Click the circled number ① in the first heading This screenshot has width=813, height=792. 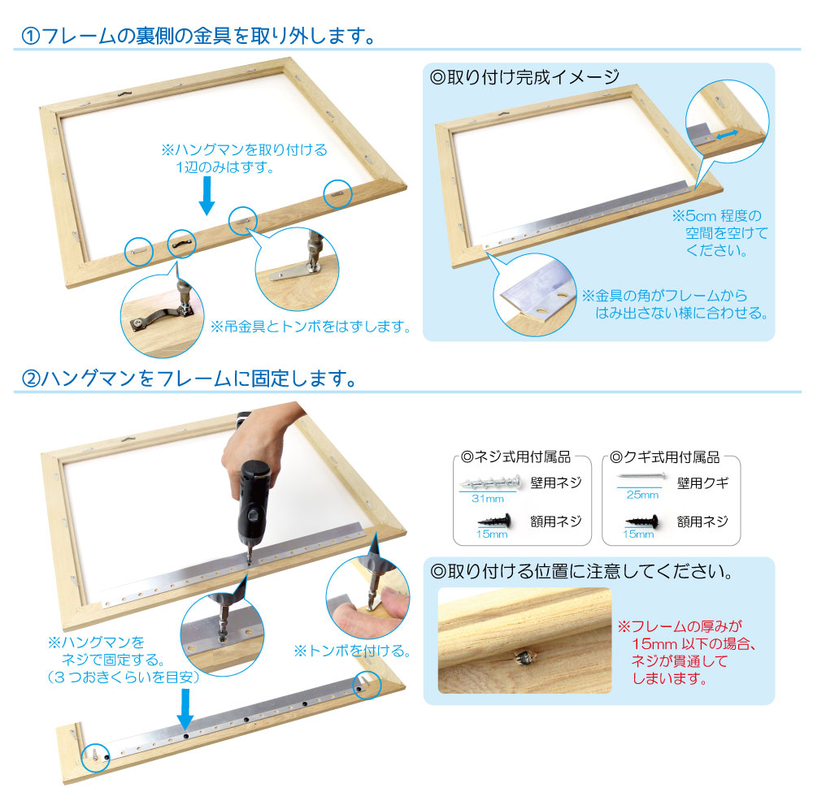click(x=30, y=37)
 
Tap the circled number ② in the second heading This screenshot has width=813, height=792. click(x=31, y=379)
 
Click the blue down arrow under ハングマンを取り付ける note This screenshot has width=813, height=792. click(x=207, y=195)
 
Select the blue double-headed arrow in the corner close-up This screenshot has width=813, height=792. click(x=728, y=135)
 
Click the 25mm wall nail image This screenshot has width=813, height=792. click(x=641, y=476)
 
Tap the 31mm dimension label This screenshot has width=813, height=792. click(x=487, y=499)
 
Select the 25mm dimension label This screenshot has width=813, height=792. click(x=642, y=495)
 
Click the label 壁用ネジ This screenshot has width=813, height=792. click(x=556, y=483)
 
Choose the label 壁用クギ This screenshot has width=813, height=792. click(x=702, y=483)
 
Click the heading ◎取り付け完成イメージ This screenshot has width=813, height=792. click(x=524, y=77)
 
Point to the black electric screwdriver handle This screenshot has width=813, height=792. click(x=254, y=497)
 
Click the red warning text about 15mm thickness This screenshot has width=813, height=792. click(x=686, y=652)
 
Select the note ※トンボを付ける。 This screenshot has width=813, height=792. click(x=352, y=651)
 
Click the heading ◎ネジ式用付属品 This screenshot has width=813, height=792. click(x=515, y=457)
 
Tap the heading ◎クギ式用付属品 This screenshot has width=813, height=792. click(x=665, y=457)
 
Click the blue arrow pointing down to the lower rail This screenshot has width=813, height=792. click(x=185, y=708)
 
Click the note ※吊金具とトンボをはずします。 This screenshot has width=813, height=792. click(x=310, y=327)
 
